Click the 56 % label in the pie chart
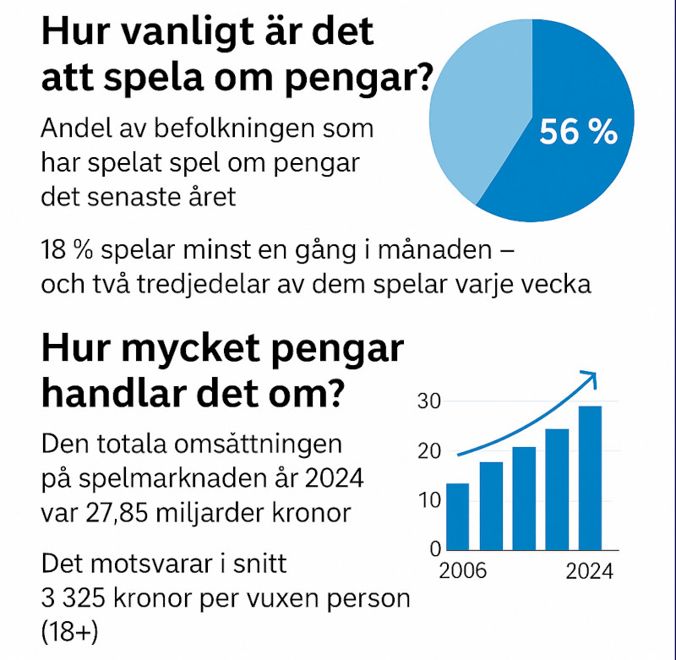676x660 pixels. pos(578,131)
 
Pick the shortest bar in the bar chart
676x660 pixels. pos(457,515)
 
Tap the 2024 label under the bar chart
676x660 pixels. pos(589,570)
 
